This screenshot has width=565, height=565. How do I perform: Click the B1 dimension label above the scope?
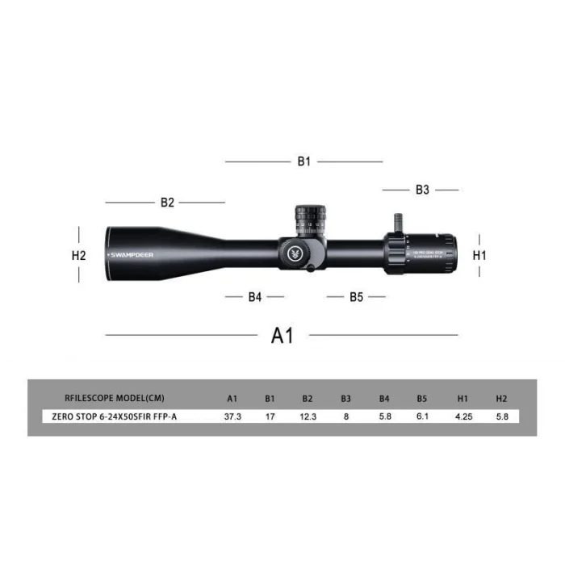pyautogui.click(x=303, y=161)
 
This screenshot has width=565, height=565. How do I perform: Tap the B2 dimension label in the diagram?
pyautogui.click(x=167, y=203)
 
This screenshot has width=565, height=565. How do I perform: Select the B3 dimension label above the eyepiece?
pyautogui.click(x=422, y=190)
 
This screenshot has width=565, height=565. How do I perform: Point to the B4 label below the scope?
pyautogui.click(x=255, y=297)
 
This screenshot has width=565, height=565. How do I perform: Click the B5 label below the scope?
pyautogui.click(x=356, y=297)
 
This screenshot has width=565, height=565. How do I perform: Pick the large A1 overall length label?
pyautogui.click(x=282, y=335)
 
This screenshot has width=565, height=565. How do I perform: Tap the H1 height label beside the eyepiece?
pyautogui.click(x=479, y=253)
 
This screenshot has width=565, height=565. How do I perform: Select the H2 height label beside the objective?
pyautogui.click(x=78, y=254)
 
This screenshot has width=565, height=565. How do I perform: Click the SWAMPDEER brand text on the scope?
pyautogui.click(x=131, y=254)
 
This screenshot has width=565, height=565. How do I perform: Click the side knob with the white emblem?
pyautogui.click(x=295, y=253)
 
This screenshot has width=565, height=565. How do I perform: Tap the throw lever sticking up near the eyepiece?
pyautogui.click(x=398, y=221)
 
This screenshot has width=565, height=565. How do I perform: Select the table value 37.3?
pyautogui.click(x=232, y=416)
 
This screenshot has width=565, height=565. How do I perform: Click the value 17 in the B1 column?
pyautogui.click(x=270, y=416)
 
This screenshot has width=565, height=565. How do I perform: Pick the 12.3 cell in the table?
pyautogui.click(x=308, y=416)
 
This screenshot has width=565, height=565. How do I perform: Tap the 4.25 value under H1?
pyautogui.click(x=462, y=416)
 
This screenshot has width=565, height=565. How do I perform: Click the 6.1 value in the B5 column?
pyautogui.click(x=422, y=416)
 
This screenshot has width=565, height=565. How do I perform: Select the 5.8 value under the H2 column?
pyautogui.click(x=501, y=416)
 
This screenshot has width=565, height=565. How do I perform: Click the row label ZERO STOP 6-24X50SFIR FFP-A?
pyautogui.click(x=115, y=416)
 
